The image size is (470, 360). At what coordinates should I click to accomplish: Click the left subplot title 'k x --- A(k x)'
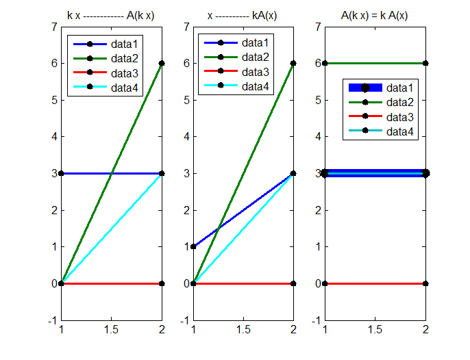click(111, 15)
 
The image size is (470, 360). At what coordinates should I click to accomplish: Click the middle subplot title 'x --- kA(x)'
click(243, 15)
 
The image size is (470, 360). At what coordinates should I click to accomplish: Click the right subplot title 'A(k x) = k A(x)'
click(375, 15)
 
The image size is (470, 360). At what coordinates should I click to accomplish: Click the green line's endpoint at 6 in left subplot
click(162, 63)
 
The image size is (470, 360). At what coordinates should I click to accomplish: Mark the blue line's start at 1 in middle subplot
click(193, 246)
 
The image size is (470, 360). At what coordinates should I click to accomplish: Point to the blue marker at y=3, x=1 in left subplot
click(61, 173)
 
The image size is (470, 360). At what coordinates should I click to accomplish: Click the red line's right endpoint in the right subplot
click(425, 283)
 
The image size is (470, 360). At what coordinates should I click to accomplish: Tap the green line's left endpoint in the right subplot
click(325, 63)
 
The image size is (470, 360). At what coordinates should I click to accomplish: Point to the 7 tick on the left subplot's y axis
click(53, 27)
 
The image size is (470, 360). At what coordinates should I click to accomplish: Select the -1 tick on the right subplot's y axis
click(317, 320)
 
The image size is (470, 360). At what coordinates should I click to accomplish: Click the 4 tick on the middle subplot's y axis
click(186, 137)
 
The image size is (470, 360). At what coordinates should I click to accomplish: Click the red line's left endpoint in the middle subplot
click(193, 283)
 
